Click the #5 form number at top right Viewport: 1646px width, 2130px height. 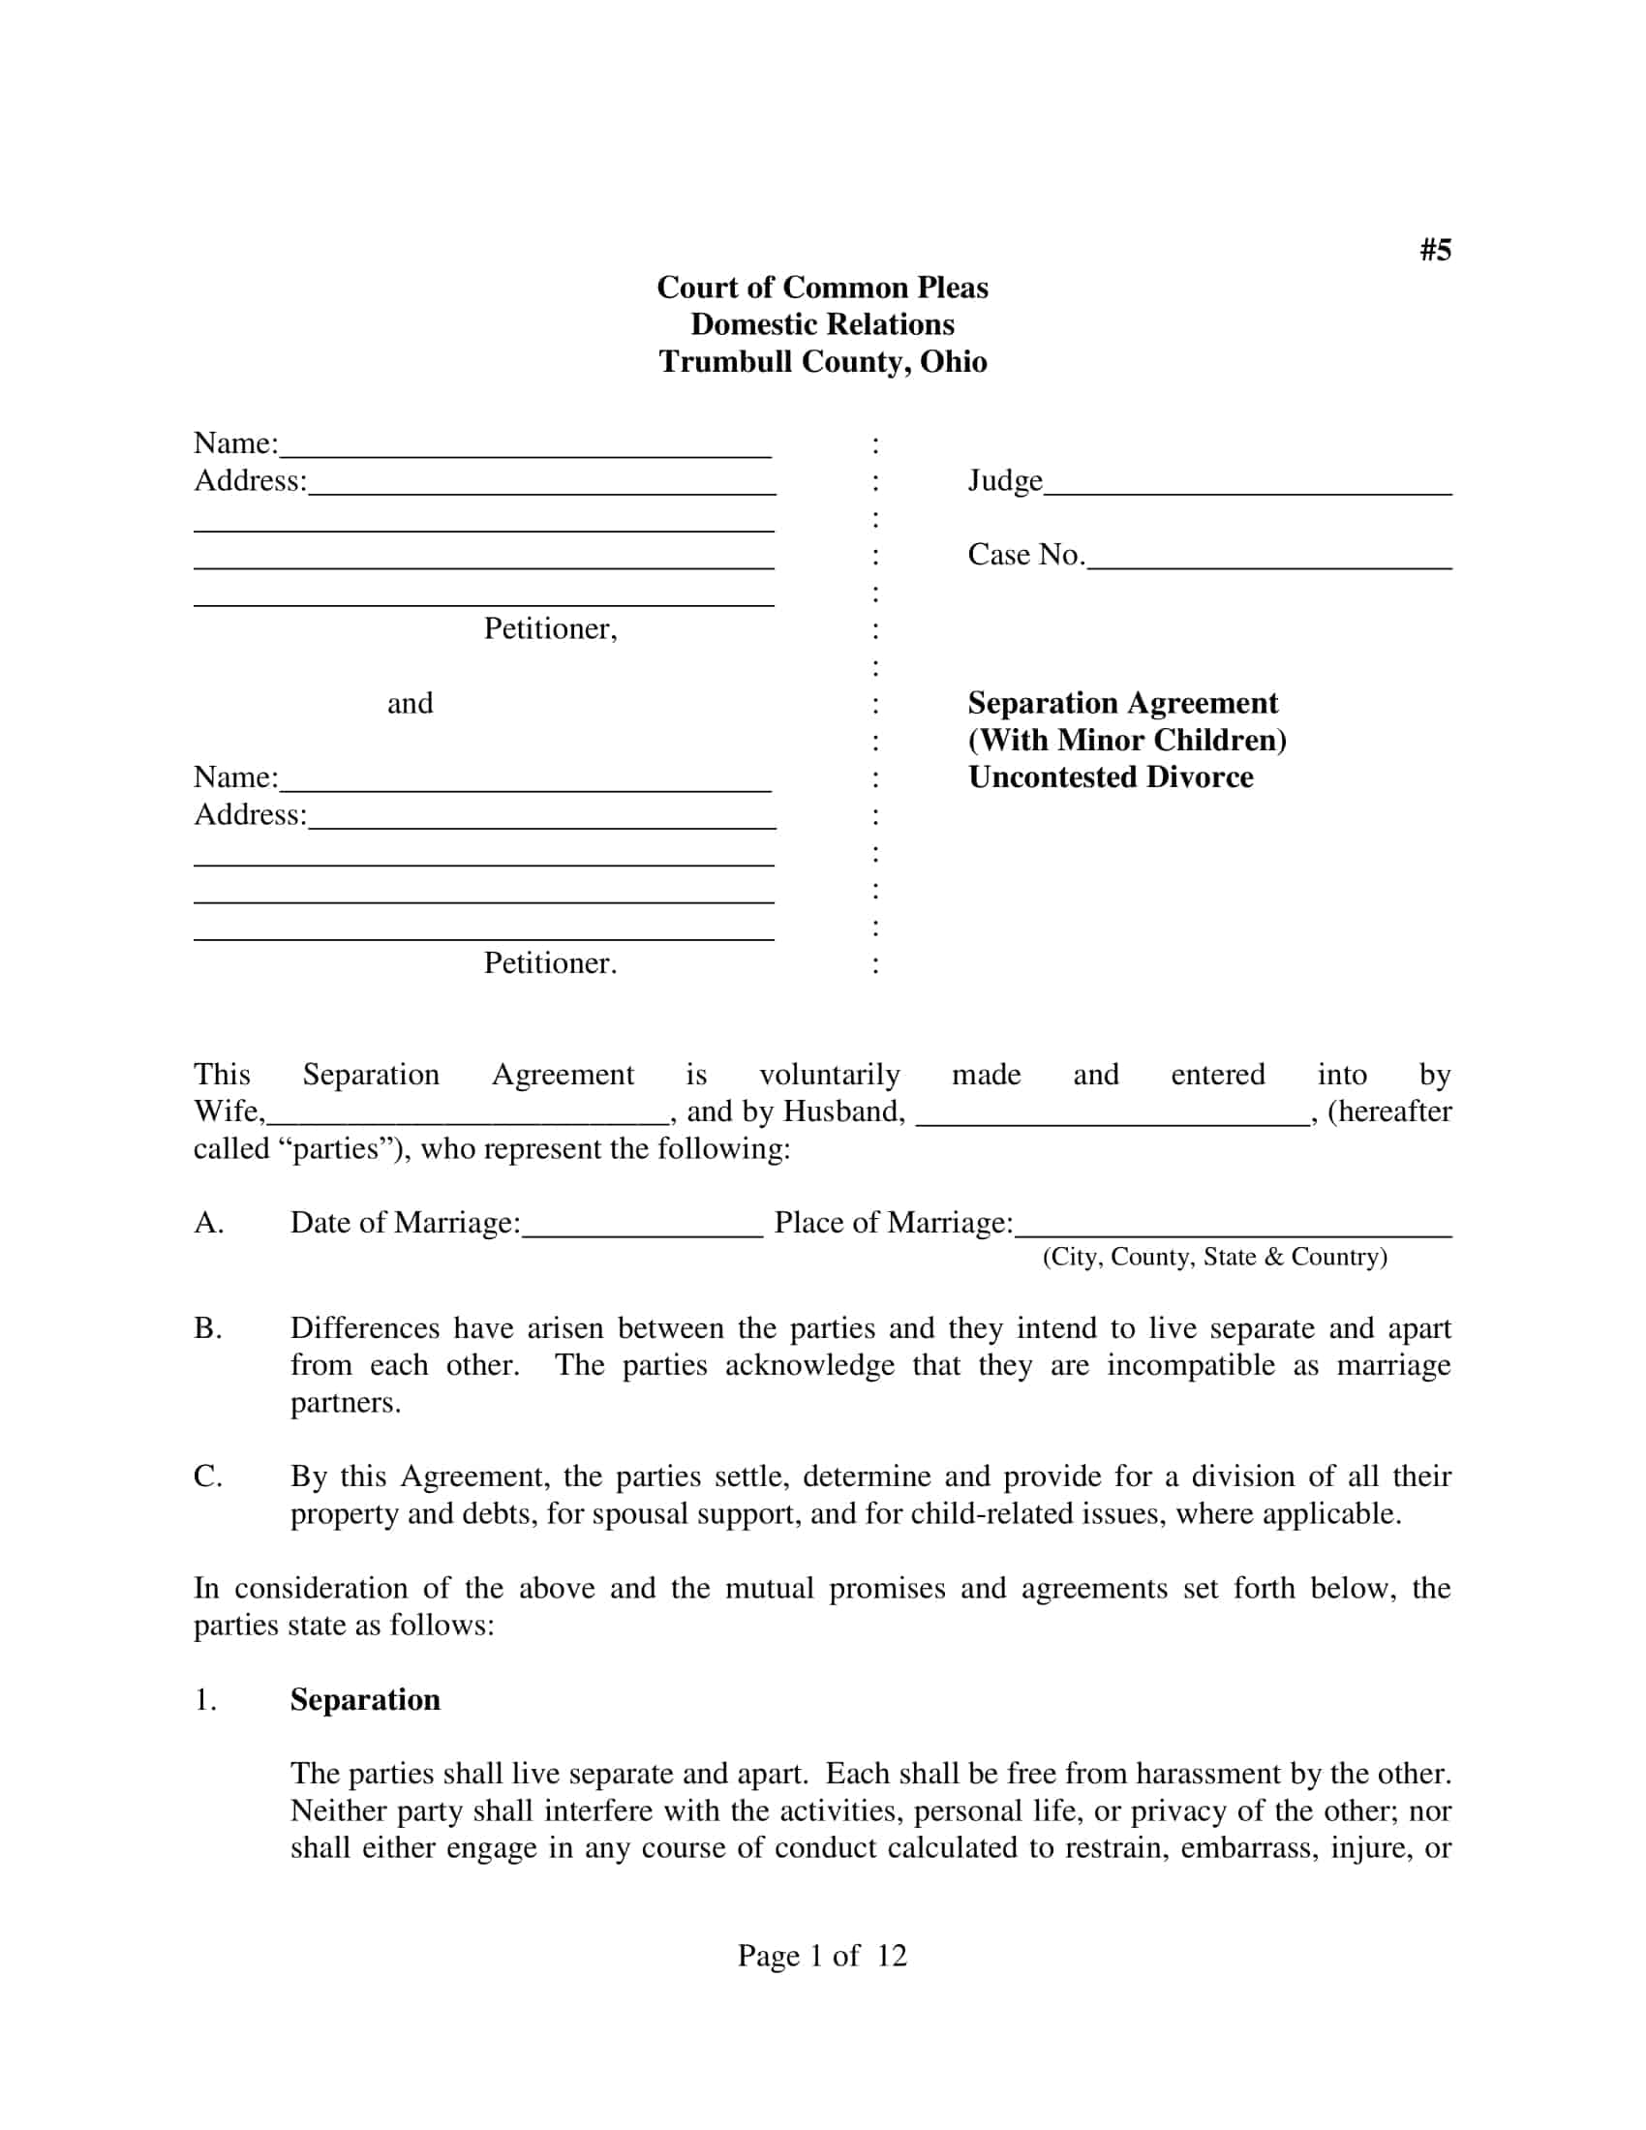point(1434,251)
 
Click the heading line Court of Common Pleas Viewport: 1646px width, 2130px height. point(822,288)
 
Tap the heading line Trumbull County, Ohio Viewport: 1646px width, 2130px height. point(822,362)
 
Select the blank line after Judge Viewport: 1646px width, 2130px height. point(1247,488)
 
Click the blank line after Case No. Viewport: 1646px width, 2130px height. point(1268,562)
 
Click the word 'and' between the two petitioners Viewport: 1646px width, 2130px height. point(410,703)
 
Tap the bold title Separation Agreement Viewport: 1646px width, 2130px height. point(1122,703)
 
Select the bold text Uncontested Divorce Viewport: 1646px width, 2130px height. point(1111,777)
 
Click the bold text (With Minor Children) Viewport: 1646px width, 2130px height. point(1127,741)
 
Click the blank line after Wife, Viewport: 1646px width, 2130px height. point(468,1118)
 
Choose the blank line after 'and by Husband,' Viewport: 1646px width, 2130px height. point(1112,1118)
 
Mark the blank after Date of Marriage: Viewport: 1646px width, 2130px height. point(642,1230)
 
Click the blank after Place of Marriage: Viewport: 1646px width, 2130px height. point(1233,1230)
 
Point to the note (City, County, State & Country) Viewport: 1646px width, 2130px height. point(1214,1257)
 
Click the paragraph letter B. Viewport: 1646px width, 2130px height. point(207,1328)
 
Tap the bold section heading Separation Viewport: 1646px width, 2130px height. point(365,1700)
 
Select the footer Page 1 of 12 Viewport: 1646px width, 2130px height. point(822,1956)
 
